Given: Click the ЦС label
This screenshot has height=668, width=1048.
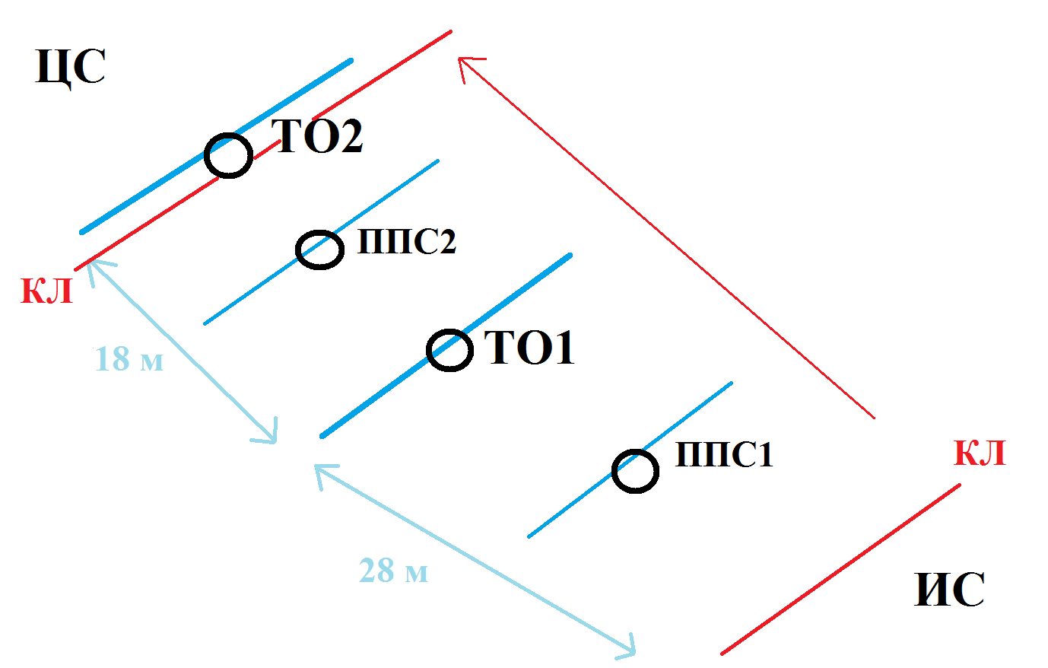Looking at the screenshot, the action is (70, 68).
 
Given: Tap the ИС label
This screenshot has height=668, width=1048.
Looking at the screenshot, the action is (949, 590).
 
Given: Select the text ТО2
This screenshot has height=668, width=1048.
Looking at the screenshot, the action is (318, 137).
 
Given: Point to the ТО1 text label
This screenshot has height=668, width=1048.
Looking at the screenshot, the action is (530, 348).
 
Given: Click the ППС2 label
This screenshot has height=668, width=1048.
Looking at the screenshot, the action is (407, 243).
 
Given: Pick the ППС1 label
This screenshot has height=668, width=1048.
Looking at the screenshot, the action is (724, 455).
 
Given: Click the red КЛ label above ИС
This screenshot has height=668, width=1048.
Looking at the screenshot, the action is (980, 453).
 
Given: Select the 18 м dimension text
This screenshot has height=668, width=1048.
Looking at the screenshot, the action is (129, 359).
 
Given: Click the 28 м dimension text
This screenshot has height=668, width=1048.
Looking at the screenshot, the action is (393, 571).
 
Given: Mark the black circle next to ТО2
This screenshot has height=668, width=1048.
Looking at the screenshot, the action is (228, 155).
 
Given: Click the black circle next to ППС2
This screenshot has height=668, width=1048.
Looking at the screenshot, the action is (319, 250).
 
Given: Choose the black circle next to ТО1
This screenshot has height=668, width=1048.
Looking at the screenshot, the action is (449, 350).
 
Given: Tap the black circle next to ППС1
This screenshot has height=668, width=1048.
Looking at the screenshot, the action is (635, 471).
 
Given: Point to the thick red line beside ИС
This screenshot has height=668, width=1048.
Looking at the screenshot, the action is (840, 569).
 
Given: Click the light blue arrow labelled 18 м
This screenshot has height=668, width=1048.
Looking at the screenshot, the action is (183, 351).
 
